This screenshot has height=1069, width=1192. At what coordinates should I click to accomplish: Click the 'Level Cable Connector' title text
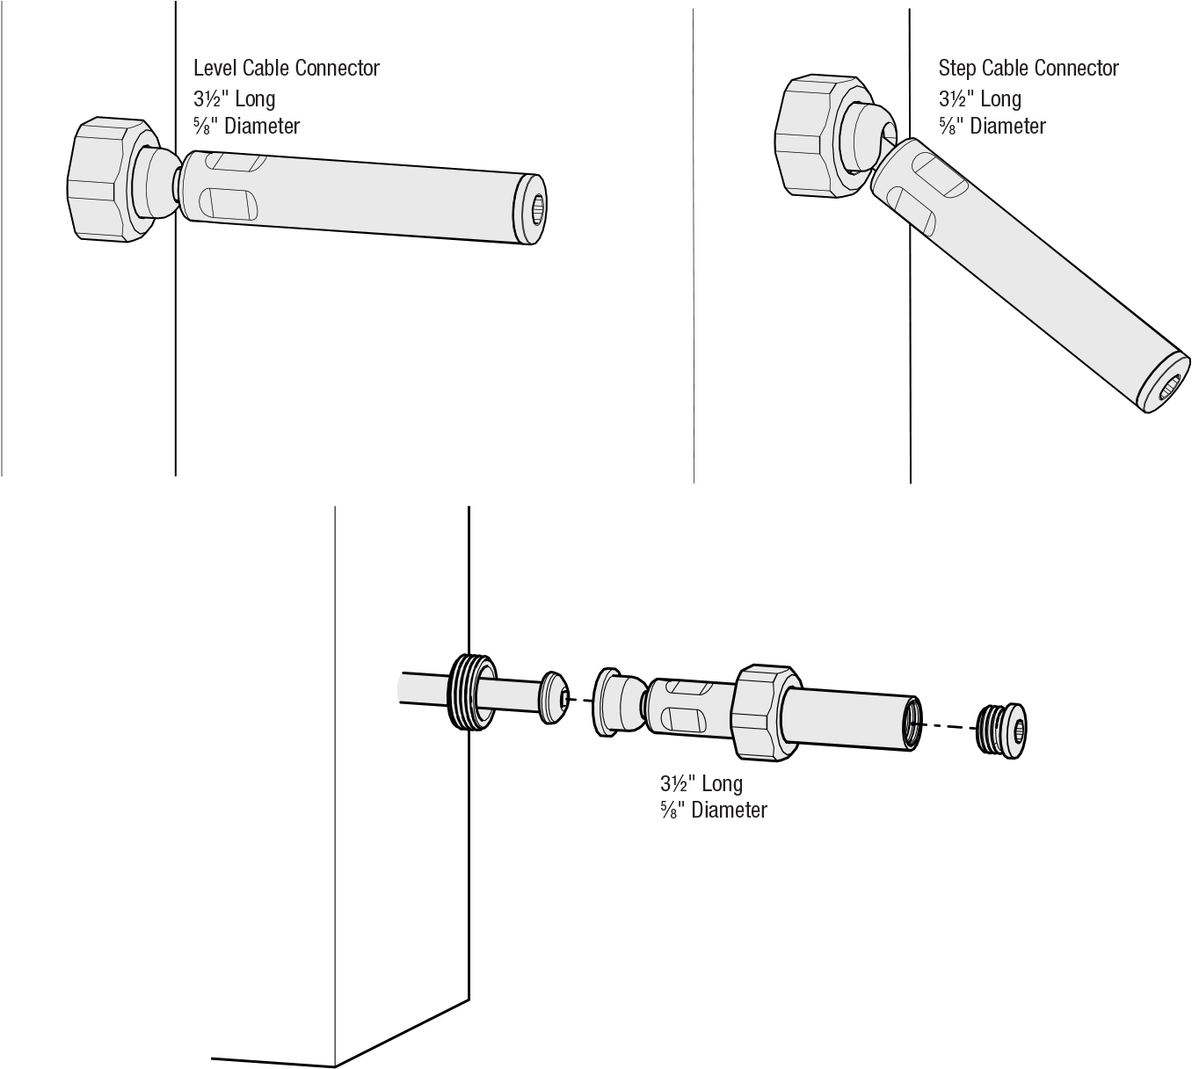[286, 69]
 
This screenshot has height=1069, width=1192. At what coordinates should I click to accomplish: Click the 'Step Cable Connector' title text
[1028, 69]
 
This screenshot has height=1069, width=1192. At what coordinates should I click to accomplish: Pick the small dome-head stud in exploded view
[553, 698]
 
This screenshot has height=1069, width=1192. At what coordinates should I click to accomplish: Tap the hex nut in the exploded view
[764, 709]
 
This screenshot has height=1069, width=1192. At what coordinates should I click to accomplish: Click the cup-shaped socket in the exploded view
[614, 702]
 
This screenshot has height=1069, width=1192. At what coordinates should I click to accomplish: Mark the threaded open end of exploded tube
[912, 722]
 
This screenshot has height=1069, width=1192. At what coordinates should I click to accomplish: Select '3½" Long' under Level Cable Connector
[235, 98]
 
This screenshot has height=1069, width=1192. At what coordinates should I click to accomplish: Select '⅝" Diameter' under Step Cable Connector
[992, 126]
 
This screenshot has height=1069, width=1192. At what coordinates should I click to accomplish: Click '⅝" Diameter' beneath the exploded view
[713, 811]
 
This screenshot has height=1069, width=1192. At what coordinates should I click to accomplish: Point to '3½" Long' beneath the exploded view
[701, 783]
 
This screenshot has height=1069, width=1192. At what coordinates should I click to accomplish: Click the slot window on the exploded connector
[687, 705]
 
